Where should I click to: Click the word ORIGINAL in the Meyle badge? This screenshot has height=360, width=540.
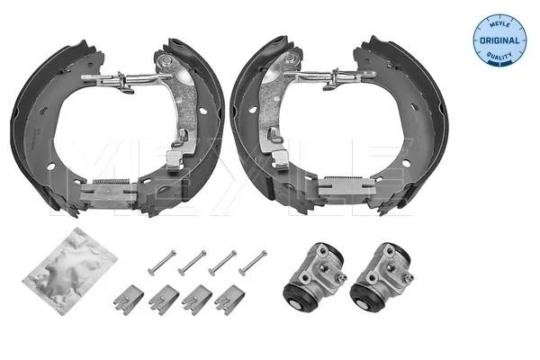499,40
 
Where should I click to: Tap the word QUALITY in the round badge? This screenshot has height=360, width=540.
499,56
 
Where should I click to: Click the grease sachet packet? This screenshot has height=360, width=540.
70,271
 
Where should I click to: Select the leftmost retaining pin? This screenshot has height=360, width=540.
162,263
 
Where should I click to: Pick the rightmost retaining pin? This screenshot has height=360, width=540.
253,263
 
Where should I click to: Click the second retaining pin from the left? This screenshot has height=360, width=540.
193,263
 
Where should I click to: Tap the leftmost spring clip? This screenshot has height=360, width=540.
129,300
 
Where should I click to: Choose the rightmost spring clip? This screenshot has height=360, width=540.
229,300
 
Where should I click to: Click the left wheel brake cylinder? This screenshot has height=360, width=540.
314,277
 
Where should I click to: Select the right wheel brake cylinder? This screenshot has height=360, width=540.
382,277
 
